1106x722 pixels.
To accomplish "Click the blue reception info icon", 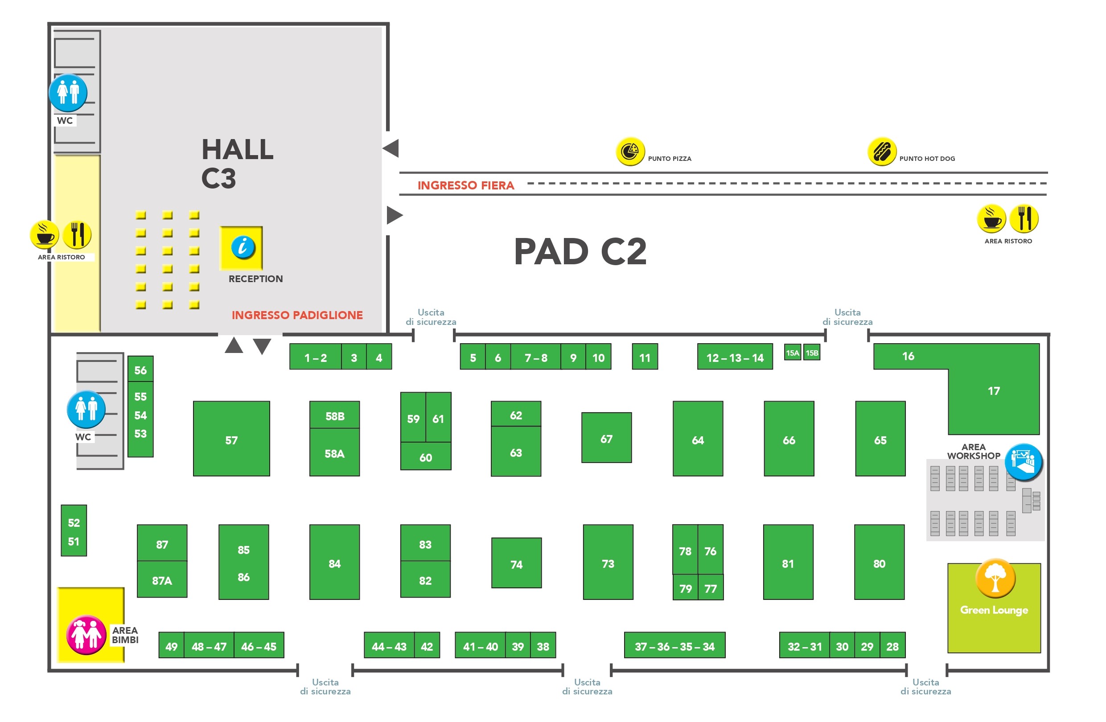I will pos(243,247).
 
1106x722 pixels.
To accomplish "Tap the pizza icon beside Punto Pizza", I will pos(630,151).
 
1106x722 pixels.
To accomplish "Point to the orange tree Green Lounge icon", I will pos(995,578).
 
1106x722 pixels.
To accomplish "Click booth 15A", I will pos(792,353).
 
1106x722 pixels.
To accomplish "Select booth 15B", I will pos(812,353).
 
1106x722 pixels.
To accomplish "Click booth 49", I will pos(172,645).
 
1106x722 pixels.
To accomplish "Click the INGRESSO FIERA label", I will pos(466,185).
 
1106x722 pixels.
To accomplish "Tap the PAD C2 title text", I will pos(580,251).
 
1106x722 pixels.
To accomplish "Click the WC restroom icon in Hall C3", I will pos(68,92).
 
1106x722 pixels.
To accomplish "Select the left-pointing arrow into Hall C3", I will pos(391,148).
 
